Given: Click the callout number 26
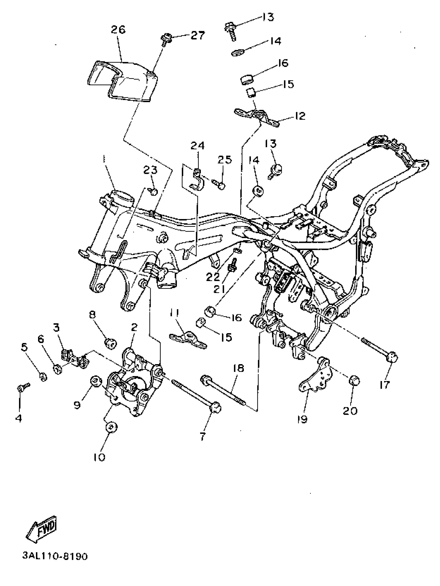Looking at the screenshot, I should click(118, 30).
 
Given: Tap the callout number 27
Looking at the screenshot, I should click(197, 35).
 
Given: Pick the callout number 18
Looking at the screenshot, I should click(238, 368).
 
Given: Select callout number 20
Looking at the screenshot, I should click(350, 411).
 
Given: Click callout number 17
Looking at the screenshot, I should click(384, 384).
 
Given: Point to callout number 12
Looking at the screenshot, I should click(300, 116).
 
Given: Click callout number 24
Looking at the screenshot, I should click(197, 145).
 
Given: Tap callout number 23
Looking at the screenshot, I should click(150, 170).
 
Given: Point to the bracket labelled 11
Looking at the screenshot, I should click(188, 339).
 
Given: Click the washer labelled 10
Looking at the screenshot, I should click(111, 427).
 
